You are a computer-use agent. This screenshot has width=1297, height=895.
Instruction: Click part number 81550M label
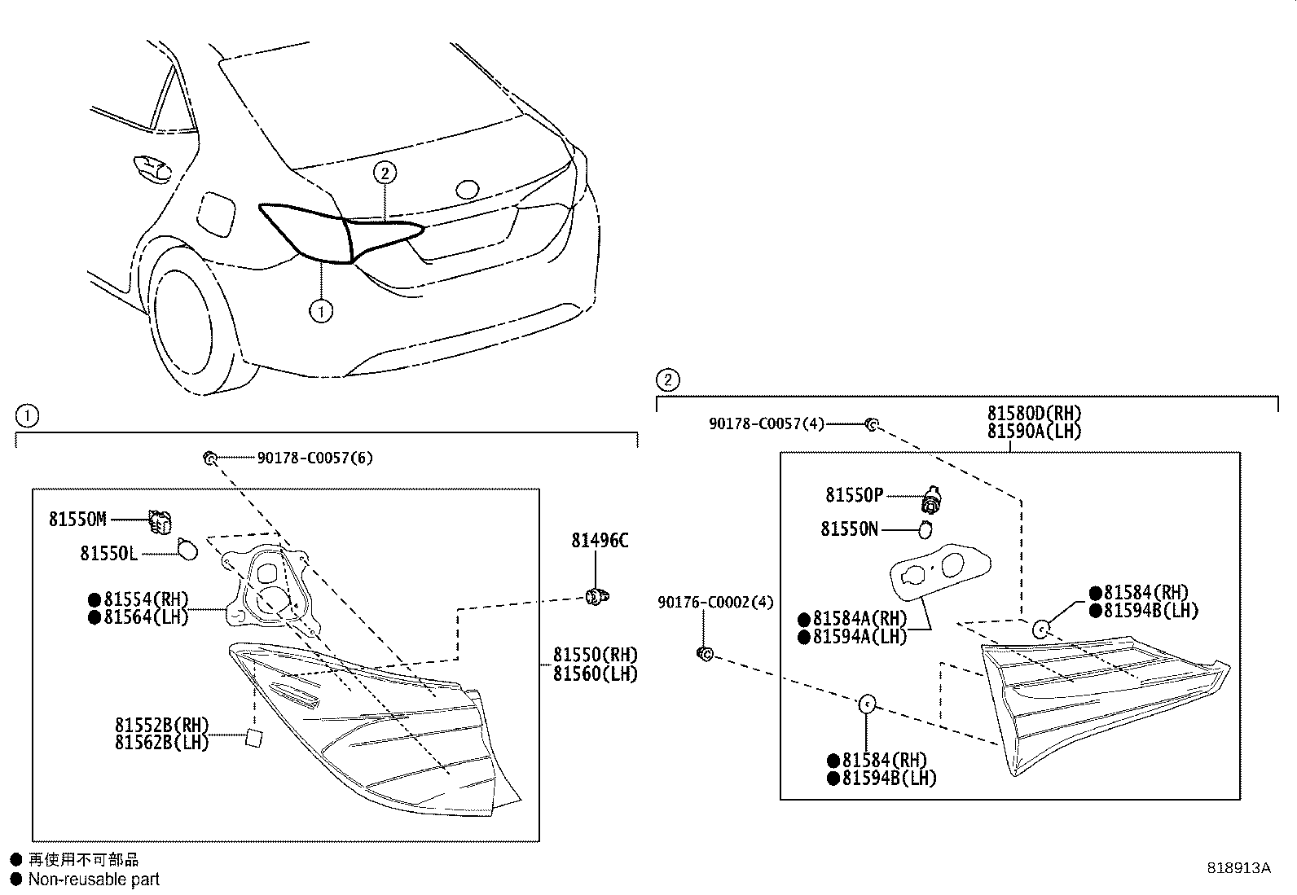[77, 520]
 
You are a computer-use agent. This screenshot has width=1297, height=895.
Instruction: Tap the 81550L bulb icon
[187, 550]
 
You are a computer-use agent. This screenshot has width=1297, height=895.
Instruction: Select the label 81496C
[600, 540]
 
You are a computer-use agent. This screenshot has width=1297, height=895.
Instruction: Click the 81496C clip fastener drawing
[598, 598]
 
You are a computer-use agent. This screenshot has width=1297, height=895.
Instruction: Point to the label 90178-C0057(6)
[314, 458]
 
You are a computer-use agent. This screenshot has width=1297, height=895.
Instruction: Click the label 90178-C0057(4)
[766, 423]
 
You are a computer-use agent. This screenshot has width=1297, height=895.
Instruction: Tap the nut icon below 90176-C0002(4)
[706, 653]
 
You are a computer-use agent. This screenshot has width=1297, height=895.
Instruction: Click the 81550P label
[853, 495]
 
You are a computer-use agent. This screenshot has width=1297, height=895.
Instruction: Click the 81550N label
[849, 529]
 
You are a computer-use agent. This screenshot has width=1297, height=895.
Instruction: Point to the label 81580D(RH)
[1034, 414]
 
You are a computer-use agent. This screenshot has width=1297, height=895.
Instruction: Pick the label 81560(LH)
[595, 674]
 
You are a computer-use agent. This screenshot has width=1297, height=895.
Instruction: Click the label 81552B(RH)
[161, 725]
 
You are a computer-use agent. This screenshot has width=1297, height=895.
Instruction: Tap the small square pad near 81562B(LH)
[255, 738]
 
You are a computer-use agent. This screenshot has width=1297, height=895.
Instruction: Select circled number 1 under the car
[321, 311]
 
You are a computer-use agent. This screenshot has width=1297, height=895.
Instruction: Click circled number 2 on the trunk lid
[385, 173]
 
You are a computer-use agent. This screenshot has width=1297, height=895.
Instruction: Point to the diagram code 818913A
[1238, 868]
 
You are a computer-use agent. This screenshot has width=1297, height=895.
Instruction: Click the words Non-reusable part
[94, 880]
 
